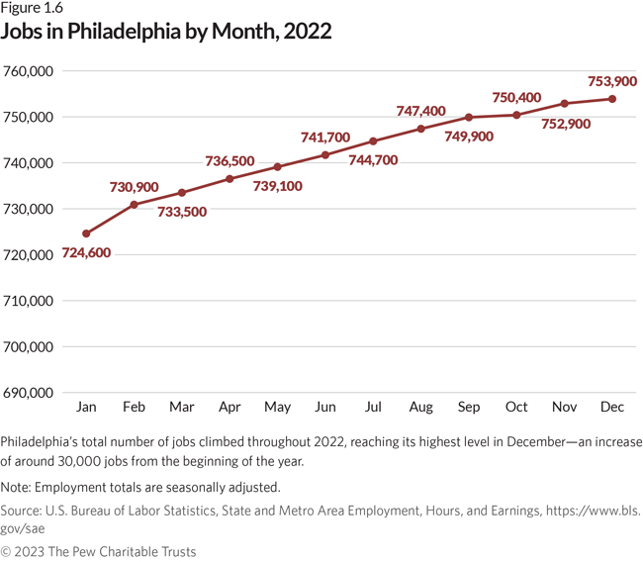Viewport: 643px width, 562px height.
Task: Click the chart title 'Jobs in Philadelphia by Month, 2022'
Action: tap(166, 32)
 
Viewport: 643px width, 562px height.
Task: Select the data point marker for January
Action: tap(86, 234)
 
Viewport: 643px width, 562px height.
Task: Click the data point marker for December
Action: tap(612, 99)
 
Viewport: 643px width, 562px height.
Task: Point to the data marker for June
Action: tap(325, 154)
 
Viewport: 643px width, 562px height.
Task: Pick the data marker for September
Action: tap(469, 117)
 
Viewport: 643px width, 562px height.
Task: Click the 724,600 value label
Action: tap(86, 253)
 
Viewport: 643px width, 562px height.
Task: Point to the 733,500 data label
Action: tap(182, 212)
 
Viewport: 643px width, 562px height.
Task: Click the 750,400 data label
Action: tap(516, 97)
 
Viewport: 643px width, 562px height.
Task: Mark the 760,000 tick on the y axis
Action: tap(28, 71)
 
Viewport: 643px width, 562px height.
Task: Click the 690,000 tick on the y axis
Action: tap(28, 393)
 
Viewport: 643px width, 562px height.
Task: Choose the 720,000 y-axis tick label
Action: tap(28, 255)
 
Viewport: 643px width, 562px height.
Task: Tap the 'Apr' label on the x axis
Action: tap(230, 408)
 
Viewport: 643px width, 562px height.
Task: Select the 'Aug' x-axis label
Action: tap(420, 408)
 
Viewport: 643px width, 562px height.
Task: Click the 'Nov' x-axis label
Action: tap(564, 408)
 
